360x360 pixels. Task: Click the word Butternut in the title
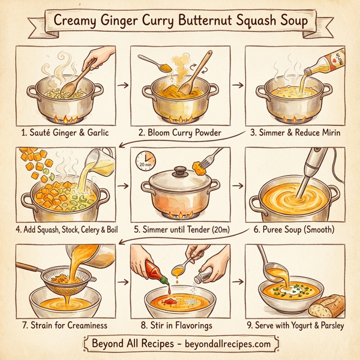tap(206, 20)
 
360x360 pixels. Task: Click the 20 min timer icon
tap(146, 160)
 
